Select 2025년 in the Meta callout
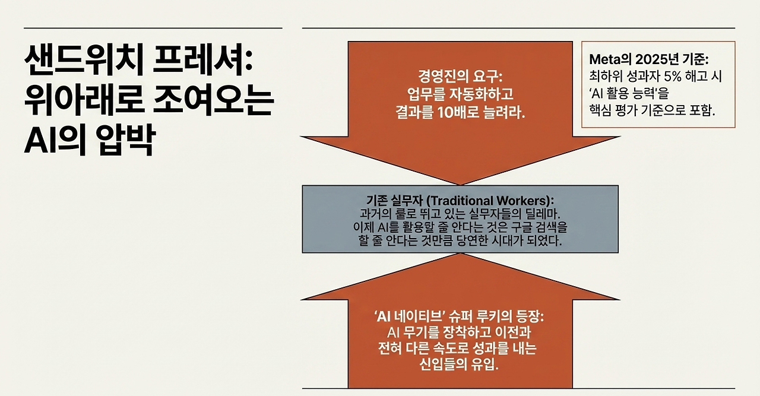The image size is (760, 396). pos(654,60)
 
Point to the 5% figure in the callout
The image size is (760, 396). pos(680,77)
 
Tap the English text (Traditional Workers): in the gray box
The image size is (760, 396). pos(493,200)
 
